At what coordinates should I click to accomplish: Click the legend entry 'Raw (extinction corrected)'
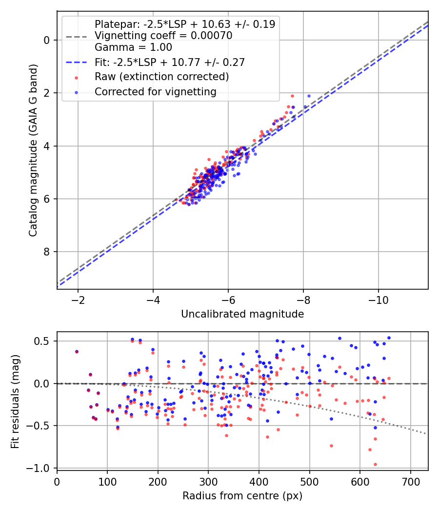161,77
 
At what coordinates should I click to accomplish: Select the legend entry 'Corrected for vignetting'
155,91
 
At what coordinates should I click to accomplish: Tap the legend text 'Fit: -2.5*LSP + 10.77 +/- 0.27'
169,62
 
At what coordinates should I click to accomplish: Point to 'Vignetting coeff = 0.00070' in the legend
163,36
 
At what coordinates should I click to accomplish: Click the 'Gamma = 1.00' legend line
133,47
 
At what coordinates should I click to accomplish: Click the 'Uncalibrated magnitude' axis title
242,314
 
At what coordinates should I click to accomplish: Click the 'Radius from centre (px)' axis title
242,496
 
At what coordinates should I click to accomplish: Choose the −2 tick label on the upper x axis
78,299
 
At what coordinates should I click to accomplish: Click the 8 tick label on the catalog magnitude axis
47,252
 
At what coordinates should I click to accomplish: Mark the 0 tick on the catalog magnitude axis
47,40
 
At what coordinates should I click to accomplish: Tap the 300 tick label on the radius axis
208,482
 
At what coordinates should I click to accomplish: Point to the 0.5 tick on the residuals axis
43,341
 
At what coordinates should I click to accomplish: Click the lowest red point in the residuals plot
375,464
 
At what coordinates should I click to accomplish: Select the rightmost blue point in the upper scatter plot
309,96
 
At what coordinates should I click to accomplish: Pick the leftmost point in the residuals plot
76,351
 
